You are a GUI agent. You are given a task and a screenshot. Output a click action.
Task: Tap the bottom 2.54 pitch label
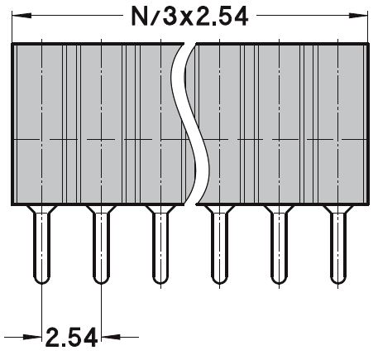coord(71,338)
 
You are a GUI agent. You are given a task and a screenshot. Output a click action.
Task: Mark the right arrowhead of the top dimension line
coord(359,16)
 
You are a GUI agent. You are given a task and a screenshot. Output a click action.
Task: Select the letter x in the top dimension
coord(189,17)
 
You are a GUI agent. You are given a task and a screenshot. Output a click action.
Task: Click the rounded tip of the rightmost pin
coord(336,279)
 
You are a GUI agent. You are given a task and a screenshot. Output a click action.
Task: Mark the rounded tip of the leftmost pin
coord(42,279)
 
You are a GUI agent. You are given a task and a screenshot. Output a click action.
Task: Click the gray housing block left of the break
coord(91,124)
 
